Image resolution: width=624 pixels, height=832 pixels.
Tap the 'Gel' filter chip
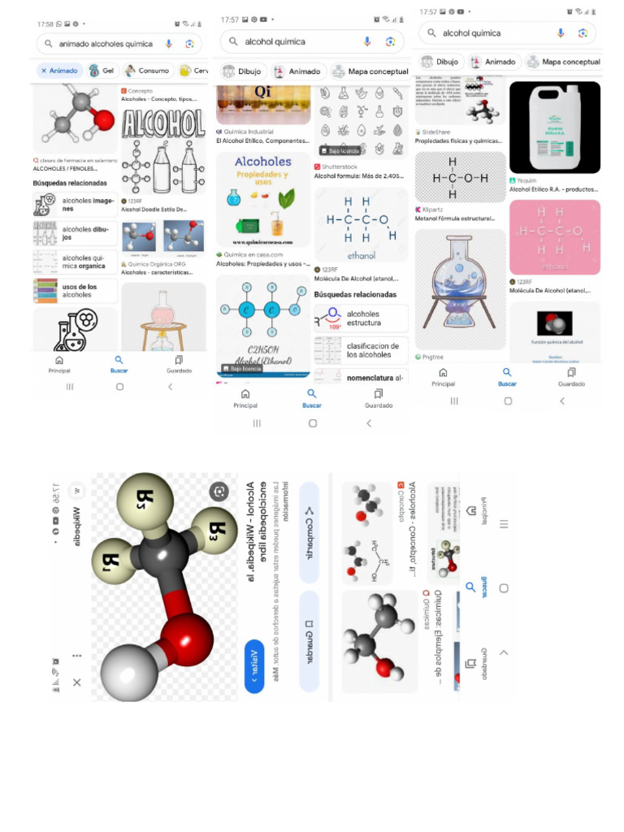(x=102, y=71)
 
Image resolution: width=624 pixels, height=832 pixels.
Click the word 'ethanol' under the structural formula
(x=361, y=254)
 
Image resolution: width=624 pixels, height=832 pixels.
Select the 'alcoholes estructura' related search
(x=362, y=318)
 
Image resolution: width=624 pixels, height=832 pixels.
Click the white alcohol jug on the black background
(x=554, y=127)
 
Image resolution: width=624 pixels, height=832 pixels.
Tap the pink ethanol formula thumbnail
(x=554, y=237)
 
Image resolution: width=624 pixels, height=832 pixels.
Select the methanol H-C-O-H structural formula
(x=460, y=177)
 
